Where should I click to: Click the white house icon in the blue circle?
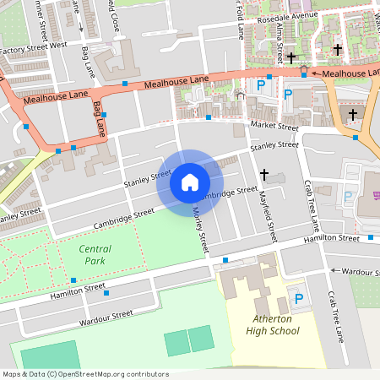(190, 182)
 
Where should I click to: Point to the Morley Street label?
(201, 231)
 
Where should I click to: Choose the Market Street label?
(274, 127)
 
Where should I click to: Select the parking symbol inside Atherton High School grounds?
(297, 298)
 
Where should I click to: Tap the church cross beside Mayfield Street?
(263, 175)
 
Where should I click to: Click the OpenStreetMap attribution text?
(84, 374)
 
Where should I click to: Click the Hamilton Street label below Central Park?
(77, 290)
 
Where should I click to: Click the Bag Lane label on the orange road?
(99, 121)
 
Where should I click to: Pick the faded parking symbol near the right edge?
(348, 198)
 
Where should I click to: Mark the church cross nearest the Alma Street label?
(291, 57)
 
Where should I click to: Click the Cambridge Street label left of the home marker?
(125, 217)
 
